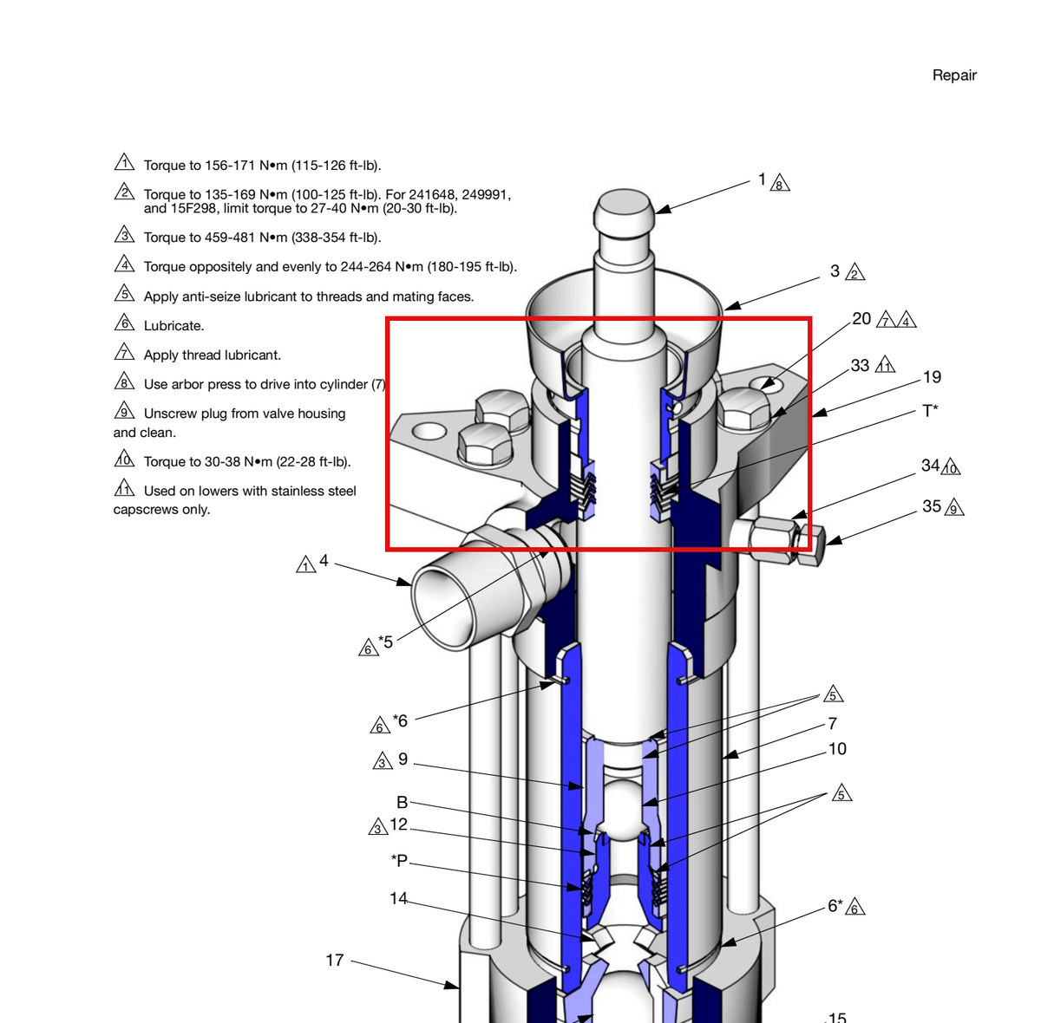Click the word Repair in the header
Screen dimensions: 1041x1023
pyautogui.click(x=954, y=75)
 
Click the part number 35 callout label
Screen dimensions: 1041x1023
pyautogui.click(x=932, y=506)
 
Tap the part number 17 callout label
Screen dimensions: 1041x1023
pyautogui.click(x=334, y=960)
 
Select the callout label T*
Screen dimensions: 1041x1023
pyautogui.click(x=930, y=411)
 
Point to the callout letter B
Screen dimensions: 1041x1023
pyautogui.click(x=402, y=802)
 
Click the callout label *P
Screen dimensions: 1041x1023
pyautogui.click(x=399, y=860)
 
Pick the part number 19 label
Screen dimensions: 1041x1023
pyautogui.click(x=932, y=376)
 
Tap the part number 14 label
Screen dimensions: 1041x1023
pyautogui.click(x=398, y=898)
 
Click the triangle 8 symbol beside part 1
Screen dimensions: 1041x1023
pyautogui.click(x=780, y=184)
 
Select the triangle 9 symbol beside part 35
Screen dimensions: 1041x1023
pyautogui.click(x=954, y=508)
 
